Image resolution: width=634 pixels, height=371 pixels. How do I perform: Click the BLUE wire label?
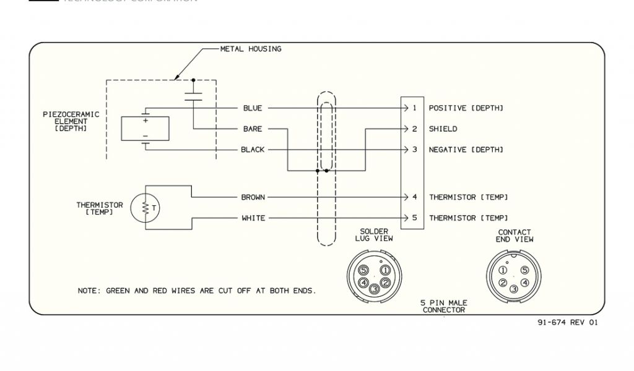pyautogui.click(x=252, y=108)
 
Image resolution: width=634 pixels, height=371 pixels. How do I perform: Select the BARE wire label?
pyautogui.click(x=252, y=129)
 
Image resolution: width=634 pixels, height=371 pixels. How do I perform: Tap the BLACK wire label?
pyautogui.click(x=252, y=150)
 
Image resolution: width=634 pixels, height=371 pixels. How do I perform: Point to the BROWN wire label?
pyautogui.click(x=253, y=197)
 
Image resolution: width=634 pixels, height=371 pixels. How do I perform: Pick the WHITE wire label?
pyautogui.click(x=253, y=218)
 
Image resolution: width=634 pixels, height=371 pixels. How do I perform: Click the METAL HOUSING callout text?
pyautogui.click(x=251, y=49)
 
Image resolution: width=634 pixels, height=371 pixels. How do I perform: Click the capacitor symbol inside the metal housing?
pyautogui.click(x=193, y=95)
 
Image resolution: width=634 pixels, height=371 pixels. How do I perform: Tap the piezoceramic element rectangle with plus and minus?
pyautogui.click(x=145, y=129)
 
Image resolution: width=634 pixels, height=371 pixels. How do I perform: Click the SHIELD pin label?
pyautogui.click(x=443, y=129)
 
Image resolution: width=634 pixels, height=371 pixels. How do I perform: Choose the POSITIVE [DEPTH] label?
pyautogui.click(x=466, y=108)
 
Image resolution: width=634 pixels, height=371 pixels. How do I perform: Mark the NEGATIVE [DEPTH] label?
pyautogui.click(x=466, y=150)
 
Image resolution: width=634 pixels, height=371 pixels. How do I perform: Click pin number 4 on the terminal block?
pyautogui.click(x=414, y=197)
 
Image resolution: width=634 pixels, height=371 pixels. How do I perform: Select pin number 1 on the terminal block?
pyautogui.click(x=414, y=108)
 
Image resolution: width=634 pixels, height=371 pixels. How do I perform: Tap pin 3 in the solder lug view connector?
pyautogui.click(x=374, y=289)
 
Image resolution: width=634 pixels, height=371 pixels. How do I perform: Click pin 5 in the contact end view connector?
pyautogui.click(x=525, y=270)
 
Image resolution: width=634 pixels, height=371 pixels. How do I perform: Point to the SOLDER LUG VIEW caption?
pyautogui.click(x=374, y=235)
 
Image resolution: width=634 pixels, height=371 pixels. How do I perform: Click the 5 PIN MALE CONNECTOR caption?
pyautogui.click(x=444, y=306)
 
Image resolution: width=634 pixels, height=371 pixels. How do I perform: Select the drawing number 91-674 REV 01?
pyautogui.click(x=568, y=322)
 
